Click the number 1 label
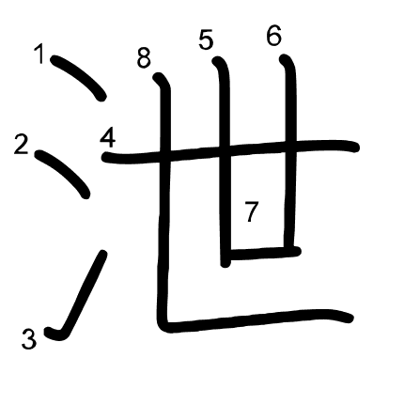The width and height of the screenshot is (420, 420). click(x=39, y=54)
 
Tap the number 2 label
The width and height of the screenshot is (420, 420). click(x=22, y=145)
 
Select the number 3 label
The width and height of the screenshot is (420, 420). click(x=29, y=339)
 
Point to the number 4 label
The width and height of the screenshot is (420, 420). click(x=108, y=139)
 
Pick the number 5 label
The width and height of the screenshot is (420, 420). click(x=206, y=39)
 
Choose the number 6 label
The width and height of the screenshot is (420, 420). click(x=274, y=36)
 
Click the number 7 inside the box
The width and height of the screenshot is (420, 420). click(x=251, y=211)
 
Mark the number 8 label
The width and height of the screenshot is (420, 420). click(x=144, y=58)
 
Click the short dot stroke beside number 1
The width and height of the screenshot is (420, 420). click(x=79, y=77)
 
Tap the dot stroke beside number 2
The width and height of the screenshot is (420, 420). click(x=63, y=173)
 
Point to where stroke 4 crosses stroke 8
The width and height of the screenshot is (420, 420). click(x=165, y=154)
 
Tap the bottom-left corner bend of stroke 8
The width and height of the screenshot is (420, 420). click(x=164, y=326)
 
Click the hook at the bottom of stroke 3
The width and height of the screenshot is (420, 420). click(x=55, y=334)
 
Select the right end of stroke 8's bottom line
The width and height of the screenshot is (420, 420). click(x=350, y=319)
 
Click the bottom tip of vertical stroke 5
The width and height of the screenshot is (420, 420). click(x=226, y=264)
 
